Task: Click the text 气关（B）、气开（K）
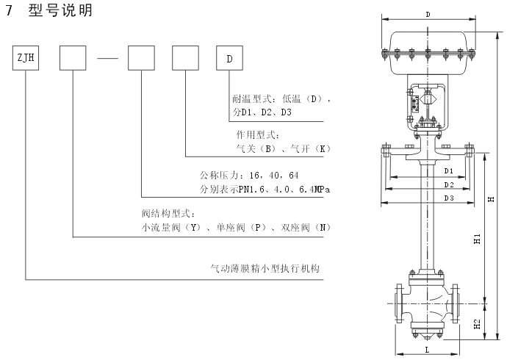(x=280, y=148)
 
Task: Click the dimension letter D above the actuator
(x=428, y=15)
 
